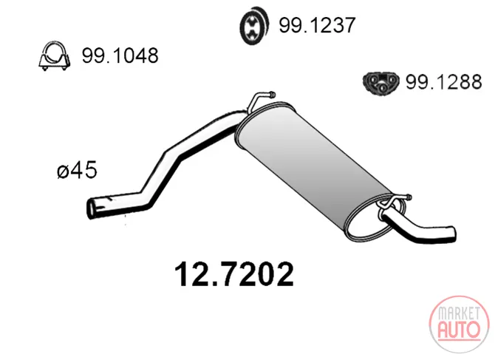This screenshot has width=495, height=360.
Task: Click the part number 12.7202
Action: coord(234,274)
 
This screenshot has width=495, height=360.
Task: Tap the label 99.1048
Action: coord(120,55)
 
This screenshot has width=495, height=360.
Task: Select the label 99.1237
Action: coord(317,25)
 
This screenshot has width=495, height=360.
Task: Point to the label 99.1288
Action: coord(443,82)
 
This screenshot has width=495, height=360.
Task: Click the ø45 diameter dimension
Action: coord(77,170)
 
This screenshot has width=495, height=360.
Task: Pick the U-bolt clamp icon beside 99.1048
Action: coord(54,56)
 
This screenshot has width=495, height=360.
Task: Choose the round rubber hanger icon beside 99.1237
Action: coord(254,25)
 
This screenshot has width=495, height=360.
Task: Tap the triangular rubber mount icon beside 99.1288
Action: coord(381,82)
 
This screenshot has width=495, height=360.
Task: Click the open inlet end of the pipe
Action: coord(92,208)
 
